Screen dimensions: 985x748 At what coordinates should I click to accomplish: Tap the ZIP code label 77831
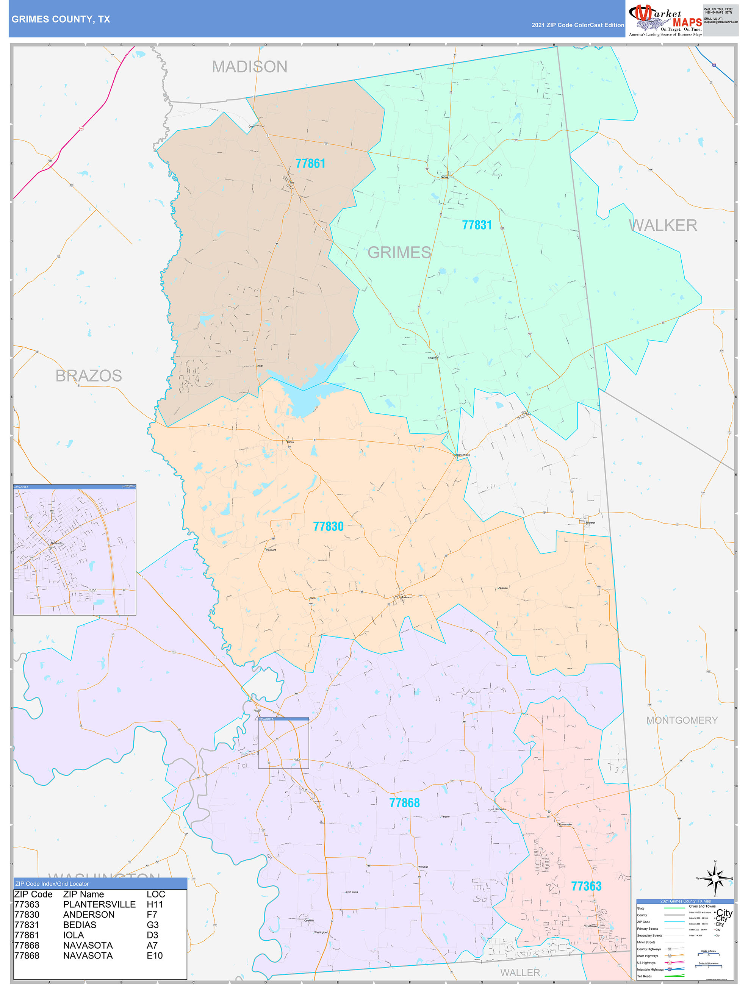pos(477,225)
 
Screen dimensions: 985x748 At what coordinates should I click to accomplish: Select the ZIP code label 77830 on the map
pos(328,526)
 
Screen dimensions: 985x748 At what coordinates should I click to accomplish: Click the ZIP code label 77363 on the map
pos(586,886)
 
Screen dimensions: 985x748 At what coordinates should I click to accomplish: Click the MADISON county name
pos(249,67)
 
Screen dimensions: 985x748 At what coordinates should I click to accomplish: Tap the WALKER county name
pos(663,225)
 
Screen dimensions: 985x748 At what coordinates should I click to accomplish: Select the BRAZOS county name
pos(89,375)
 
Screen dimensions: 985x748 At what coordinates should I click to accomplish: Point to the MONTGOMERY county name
pos(682,720)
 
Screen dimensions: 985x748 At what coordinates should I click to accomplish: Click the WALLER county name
pos(520,972)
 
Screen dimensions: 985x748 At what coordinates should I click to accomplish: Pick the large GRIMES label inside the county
pos(399,252)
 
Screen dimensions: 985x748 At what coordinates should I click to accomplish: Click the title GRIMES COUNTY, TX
pos(61,19)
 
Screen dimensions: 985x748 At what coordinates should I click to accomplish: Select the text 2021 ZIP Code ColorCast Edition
pos(577,25)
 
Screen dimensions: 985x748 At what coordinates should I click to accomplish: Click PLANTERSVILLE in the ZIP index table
pos(99,904)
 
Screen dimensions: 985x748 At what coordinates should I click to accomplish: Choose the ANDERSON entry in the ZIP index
pos(89,915)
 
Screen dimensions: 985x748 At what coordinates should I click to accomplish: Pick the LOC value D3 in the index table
pos(152,935)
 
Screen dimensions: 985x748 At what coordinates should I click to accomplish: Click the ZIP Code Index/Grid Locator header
pos(52,884)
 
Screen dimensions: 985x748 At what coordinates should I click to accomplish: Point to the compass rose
pos(715,879)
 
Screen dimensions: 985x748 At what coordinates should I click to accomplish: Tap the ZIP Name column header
pos(83,894)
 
